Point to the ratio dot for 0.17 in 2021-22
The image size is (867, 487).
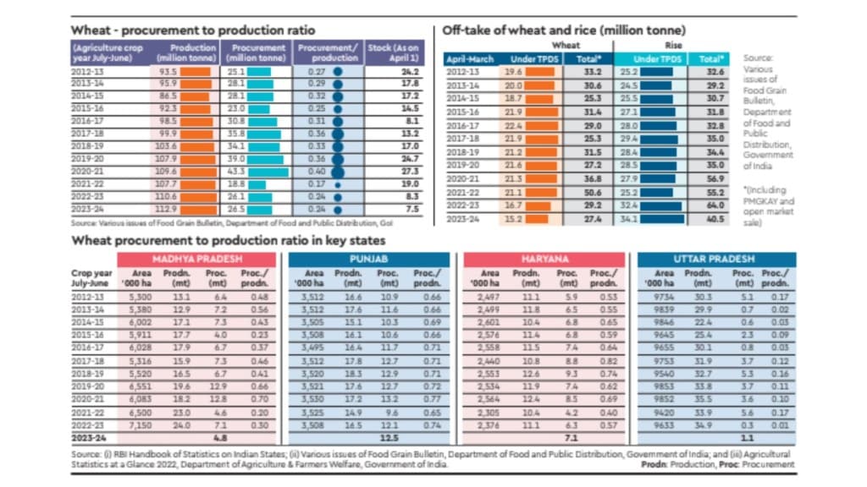click(x=338, y=183)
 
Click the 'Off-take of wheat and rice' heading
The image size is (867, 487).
click(x=563, y=30)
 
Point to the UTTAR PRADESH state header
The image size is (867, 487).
click(x=716, y=258)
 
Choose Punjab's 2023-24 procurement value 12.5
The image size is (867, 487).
click(x=390, y=438)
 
